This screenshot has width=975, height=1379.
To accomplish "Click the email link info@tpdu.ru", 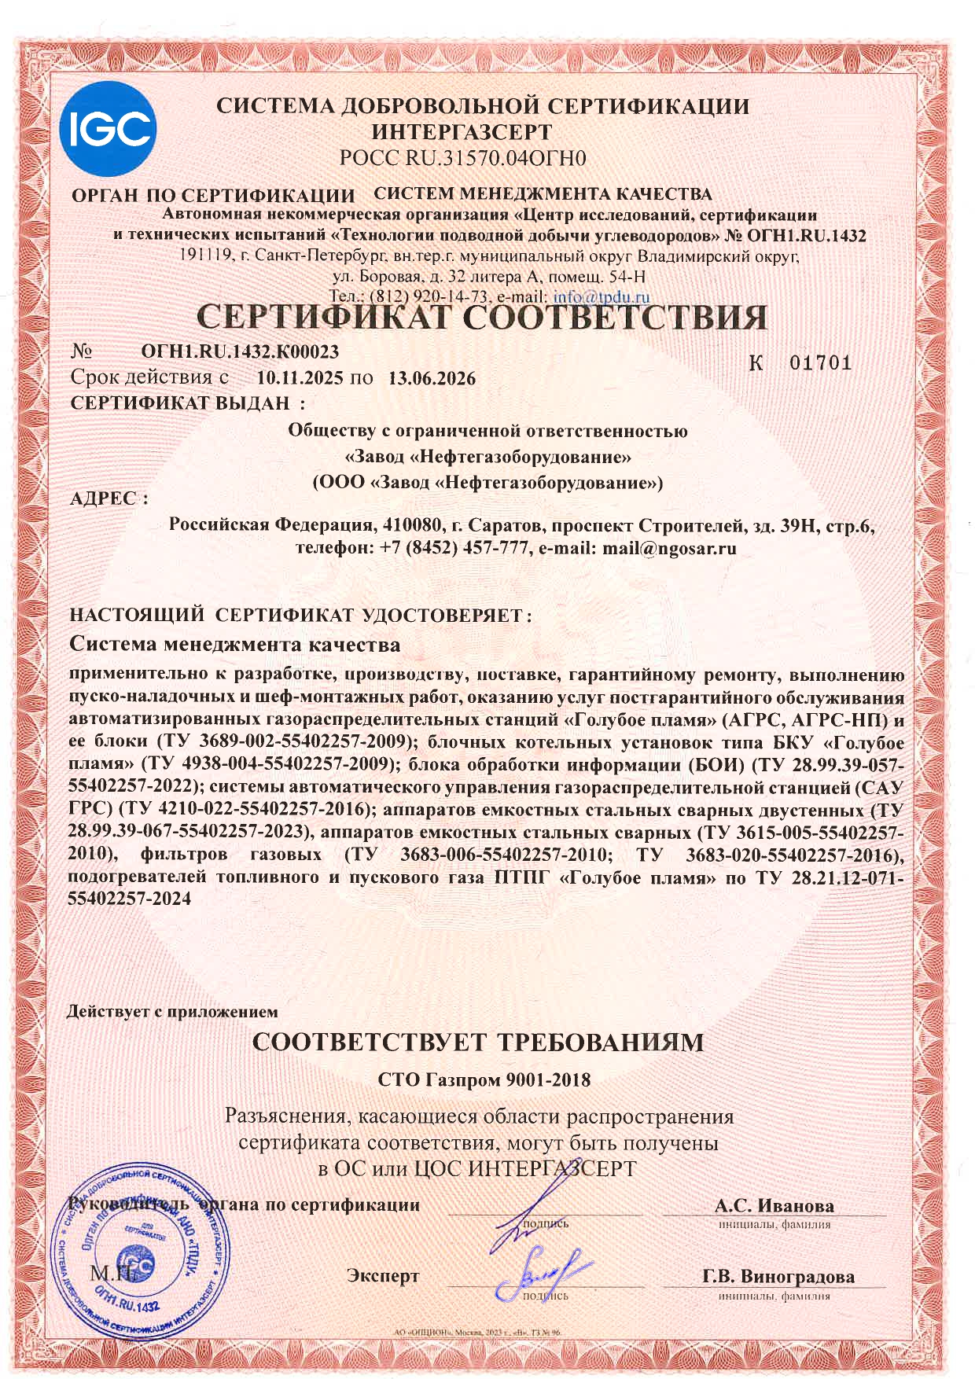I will pos(602,297).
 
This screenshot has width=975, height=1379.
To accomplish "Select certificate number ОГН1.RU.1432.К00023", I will pos(241,351).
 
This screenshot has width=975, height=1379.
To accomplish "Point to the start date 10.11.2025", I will pos(300,378).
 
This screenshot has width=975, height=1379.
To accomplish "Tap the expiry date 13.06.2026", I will pos(432,378).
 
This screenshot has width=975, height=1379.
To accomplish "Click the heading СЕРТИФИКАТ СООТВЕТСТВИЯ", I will pos(481,318).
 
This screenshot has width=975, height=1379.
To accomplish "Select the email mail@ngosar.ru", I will pos(668,549).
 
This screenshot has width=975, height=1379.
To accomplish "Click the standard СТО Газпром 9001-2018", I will pos(484,1079).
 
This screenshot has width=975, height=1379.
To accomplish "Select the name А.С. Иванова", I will pos(774,1205).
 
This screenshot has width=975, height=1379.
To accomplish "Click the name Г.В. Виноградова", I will pos(778,1276).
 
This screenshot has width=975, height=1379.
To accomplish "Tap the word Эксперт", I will pos(383,1276).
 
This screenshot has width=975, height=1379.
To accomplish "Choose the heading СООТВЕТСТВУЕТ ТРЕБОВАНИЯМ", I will pos(477,1043).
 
